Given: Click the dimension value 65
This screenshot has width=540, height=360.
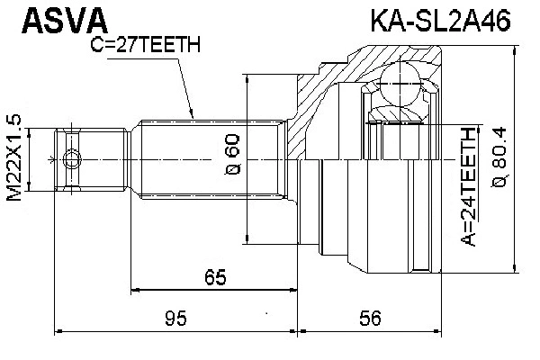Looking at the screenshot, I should [x=214, y=278].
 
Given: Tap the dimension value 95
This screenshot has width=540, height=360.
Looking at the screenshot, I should [x=175, y=317].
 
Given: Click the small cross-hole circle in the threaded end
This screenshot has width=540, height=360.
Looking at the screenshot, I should [x=72, y=160].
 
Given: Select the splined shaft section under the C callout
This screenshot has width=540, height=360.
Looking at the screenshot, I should [x=207, y=160].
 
